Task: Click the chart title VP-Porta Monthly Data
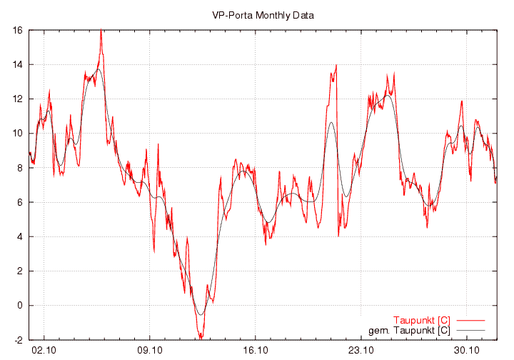coord(263,15)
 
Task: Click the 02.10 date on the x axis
coord(44,350)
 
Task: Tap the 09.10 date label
coord(150,350)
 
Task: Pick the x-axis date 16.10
coord(256,350)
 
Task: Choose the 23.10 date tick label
coord(361,350)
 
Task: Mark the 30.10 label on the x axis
coord(466,350)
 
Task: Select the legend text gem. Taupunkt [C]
coord(408,330)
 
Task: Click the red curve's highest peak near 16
coord(101,31)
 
